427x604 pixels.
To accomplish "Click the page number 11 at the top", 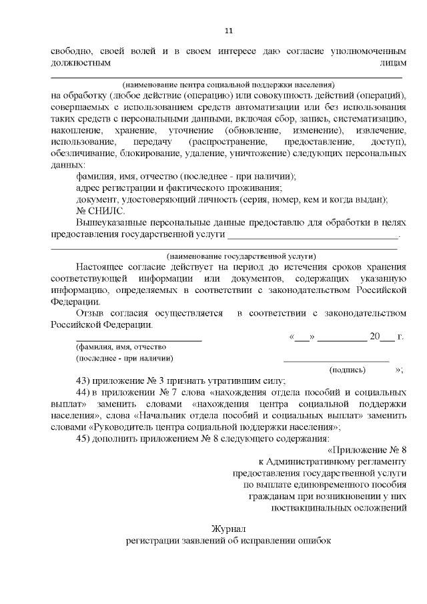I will (x=229, y=31).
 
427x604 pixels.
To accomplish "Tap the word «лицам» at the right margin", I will (x=392, y=62).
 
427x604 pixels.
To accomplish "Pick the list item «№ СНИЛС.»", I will (x=98, y=210).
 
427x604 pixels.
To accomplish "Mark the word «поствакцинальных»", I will (x=317, y=508).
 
